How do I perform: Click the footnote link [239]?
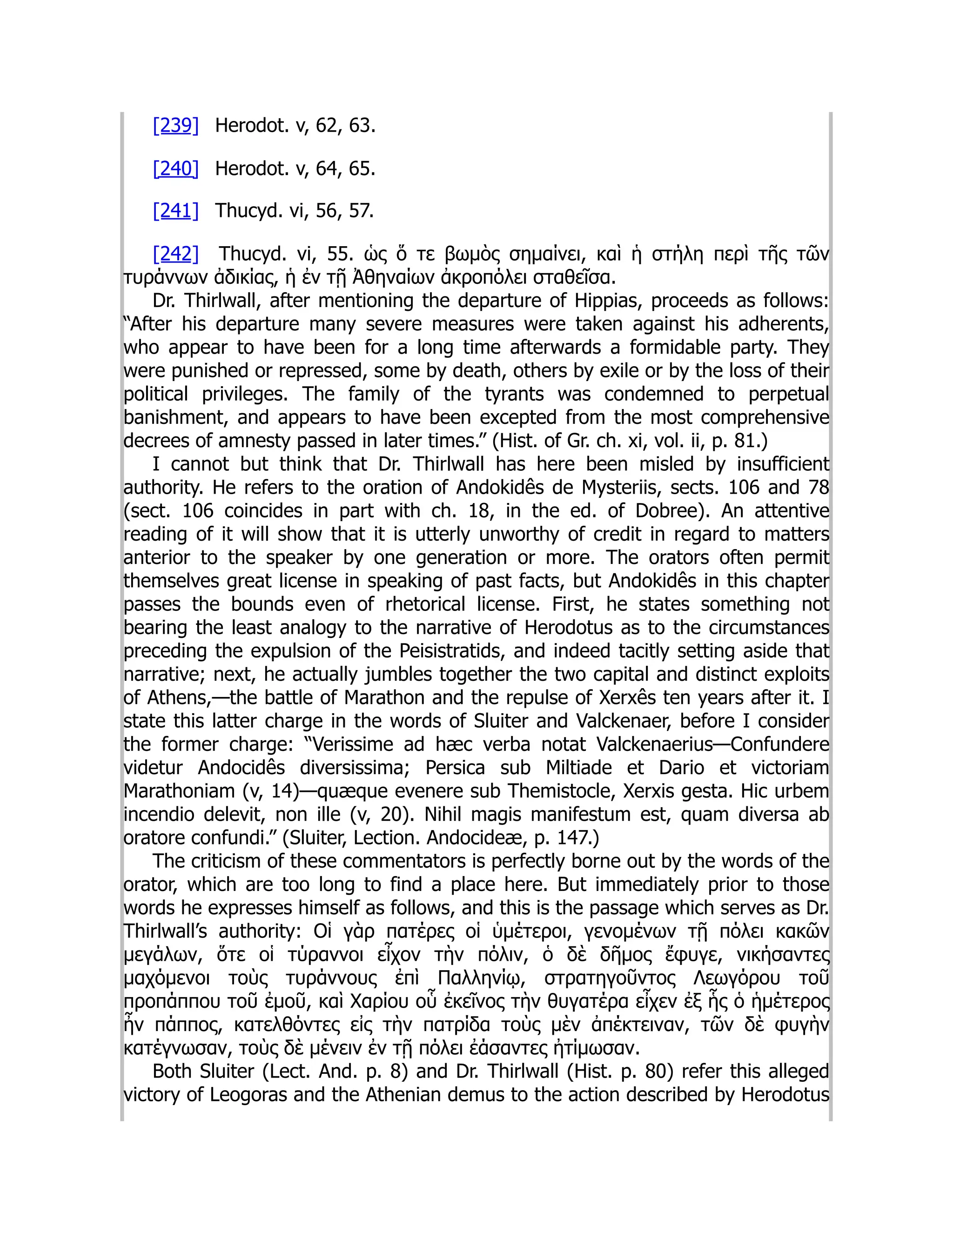(175, 125)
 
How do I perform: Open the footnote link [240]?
(175, 168)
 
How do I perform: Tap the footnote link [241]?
(175, 211)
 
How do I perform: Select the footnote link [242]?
(175, 254)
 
